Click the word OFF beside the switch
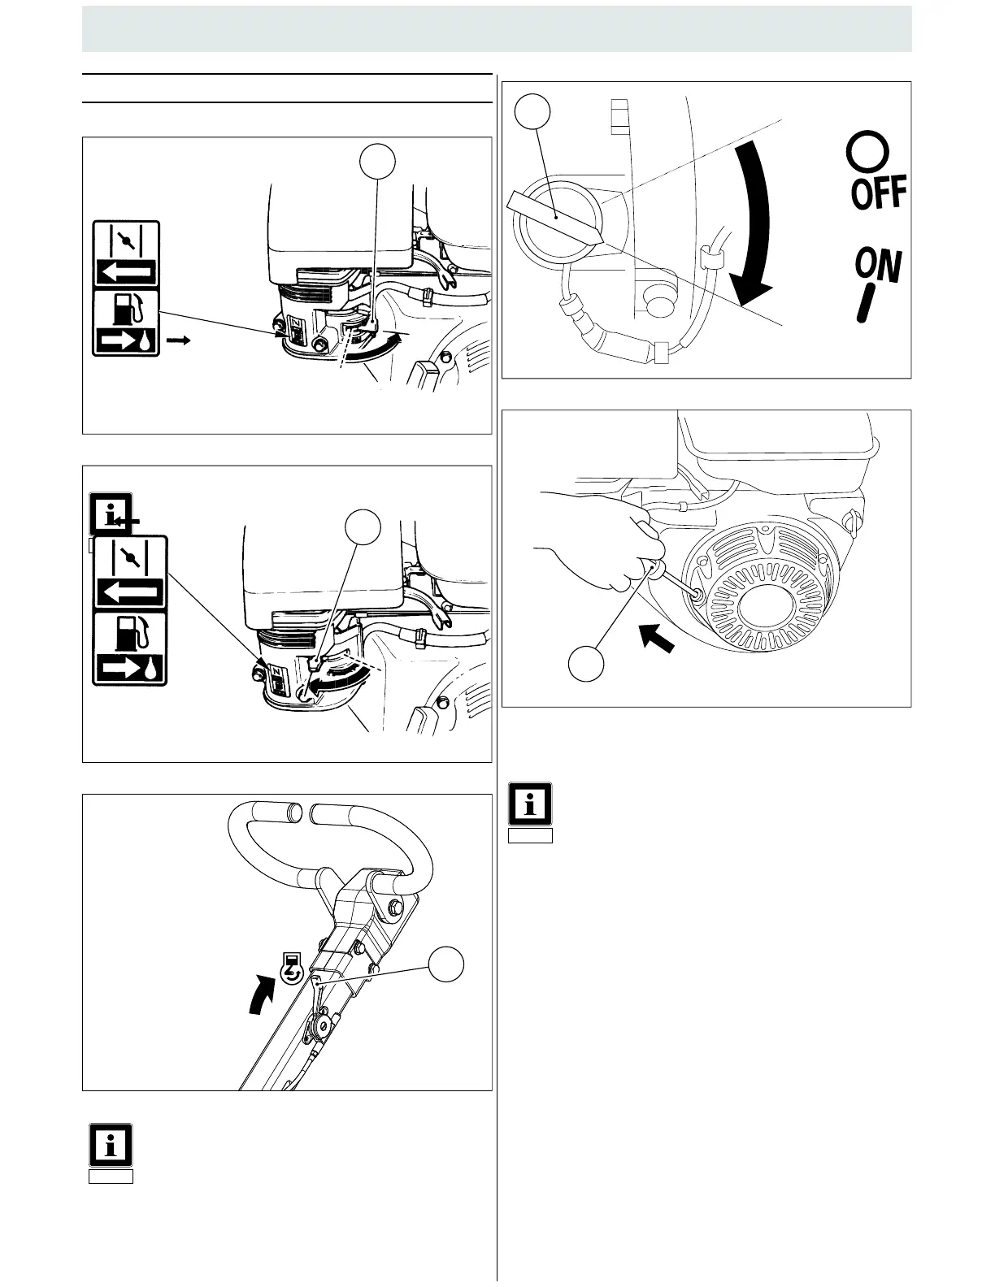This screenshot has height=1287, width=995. pos(878,193)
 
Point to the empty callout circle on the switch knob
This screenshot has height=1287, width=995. pos(533,110)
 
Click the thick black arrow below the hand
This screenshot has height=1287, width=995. pos(659,636)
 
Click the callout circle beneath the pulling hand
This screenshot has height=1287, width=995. pos(585,662)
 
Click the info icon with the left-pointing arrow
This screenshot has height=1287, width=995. pos(111,514)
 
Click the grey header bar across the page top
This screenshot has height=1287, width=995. pos(497,28)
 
